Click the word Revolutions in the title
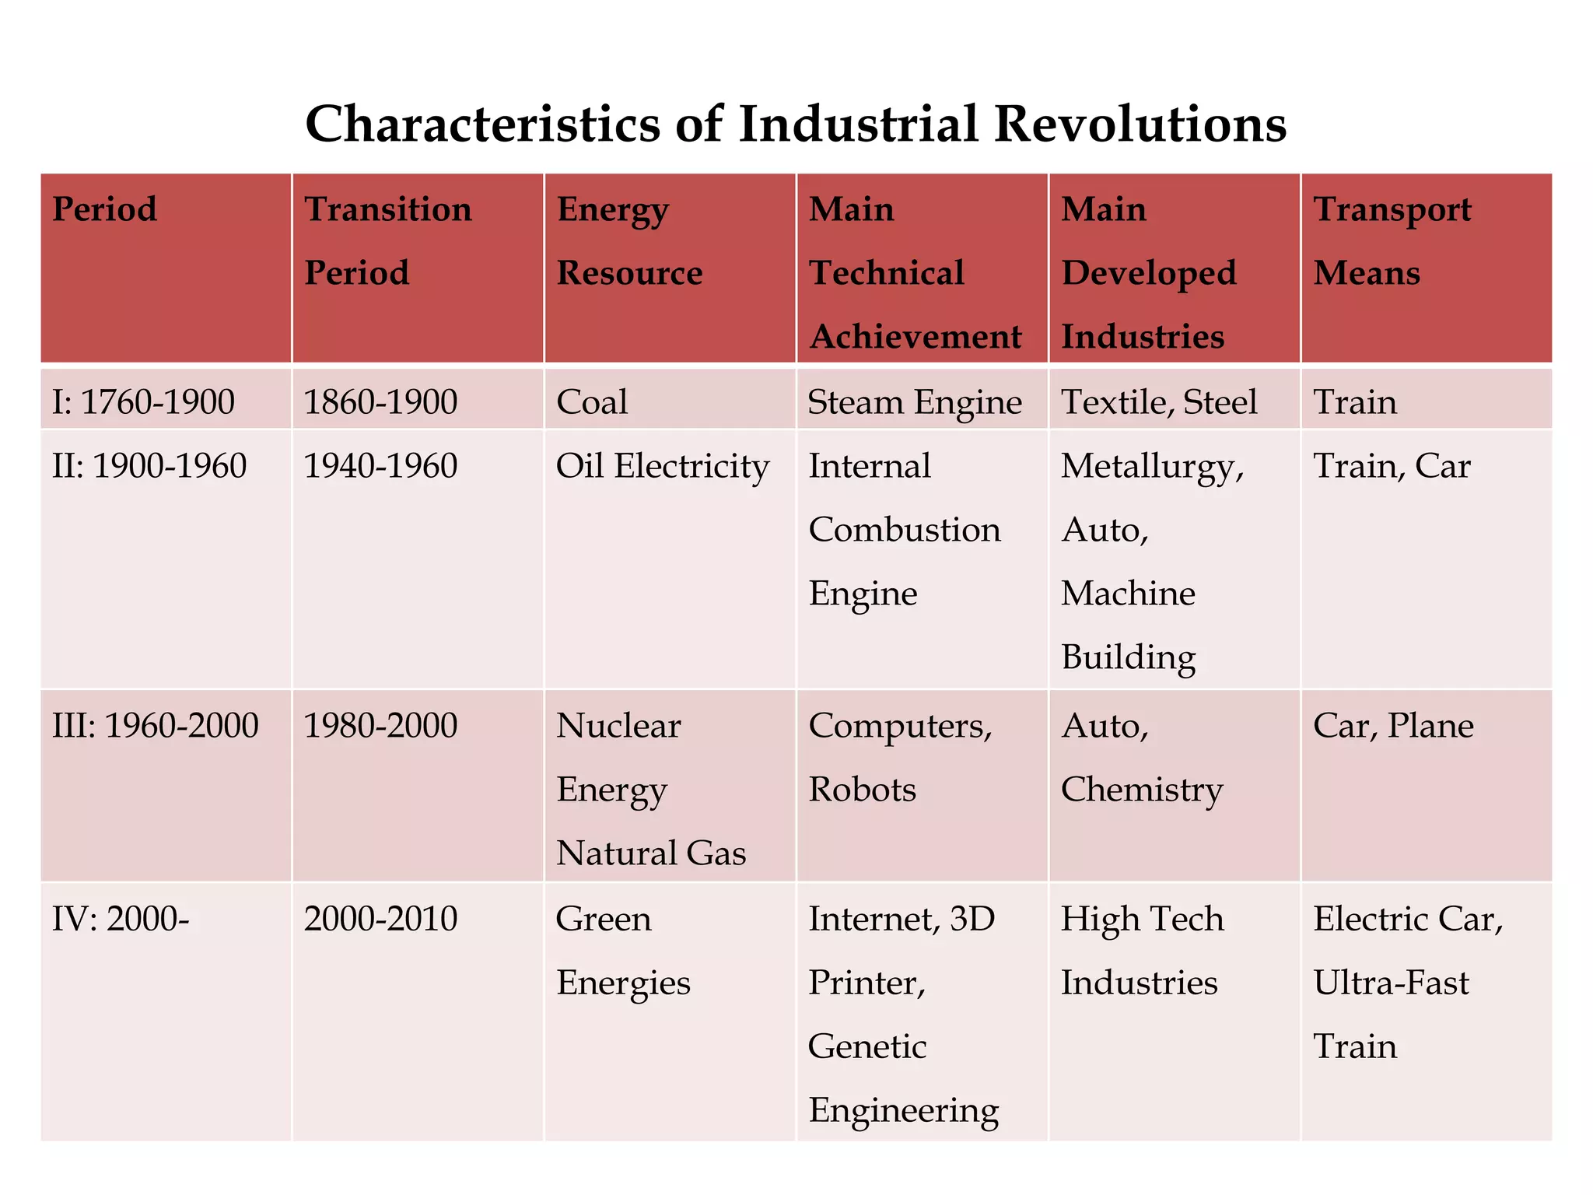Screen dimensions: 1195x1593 (x=1140, y=124)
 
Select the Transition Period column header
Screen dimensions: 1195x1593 (x=387, y=240)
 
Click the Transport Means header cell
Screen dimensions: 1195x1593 (x=1392, y=240)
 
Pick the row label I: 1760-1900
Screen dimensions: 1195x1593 (x=143, y=402)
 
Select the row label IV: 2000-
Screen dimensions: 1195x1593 (x=121, y=919)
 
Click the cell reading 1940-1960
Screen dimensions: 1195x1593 (x=380, y=466)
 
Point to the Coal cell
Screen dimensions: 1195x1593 (x=592, y=402)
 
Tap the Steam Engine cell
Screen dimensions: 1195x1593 (x=915, y=402)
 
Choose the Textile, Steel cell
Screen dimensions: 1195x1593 (x=1159, y=402)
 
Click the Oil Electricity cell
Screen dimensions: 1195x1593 (x=662, y=466)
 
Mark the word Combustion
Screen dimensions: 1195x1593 (x=905, y=530)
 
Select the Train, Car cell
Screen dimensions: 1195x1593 (x=1392, y=466)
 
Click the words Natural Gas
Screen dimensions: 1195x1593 (x=651, y=853)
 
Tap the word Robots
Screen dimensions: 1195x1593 (x=862, y=790)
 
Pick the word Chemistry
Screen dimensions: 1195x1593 (x=1142, y=790)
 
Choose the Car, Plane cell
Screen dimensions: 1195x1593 (x=1393, y=726)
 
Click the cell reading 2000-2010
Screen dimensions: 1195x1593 (x=380, y=919)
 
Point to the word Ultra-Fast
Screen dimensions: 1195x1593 (x=1391, y=983)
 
